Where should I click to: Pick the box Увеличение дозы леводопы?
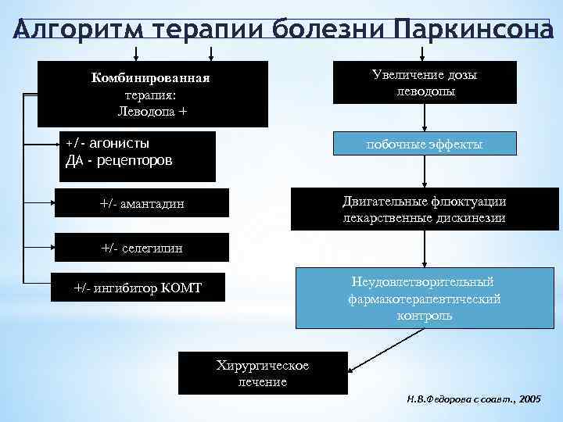(x=425, y=83)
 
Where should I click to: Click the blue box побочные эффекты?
(x=425, y=145)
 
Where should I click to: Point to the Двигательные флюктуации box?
(x=425, y=209)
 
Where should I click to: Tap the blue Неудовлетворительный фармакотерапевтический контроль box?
(x=425, y=299)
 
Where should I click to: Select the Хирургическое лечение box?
(x=262, y=374)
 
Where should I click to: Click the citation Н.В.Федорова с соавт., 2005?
(x=473, y=398)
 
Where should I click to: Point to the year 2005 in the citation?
(x=529, y=398)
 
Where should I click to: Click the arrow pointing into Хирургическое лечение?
(x=383, y=351)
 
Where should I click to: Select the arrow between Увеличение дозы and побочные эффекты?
(x=425, y=117)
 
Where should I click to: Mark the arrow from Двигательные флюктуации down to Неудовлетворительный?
(x=425, y=249)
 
